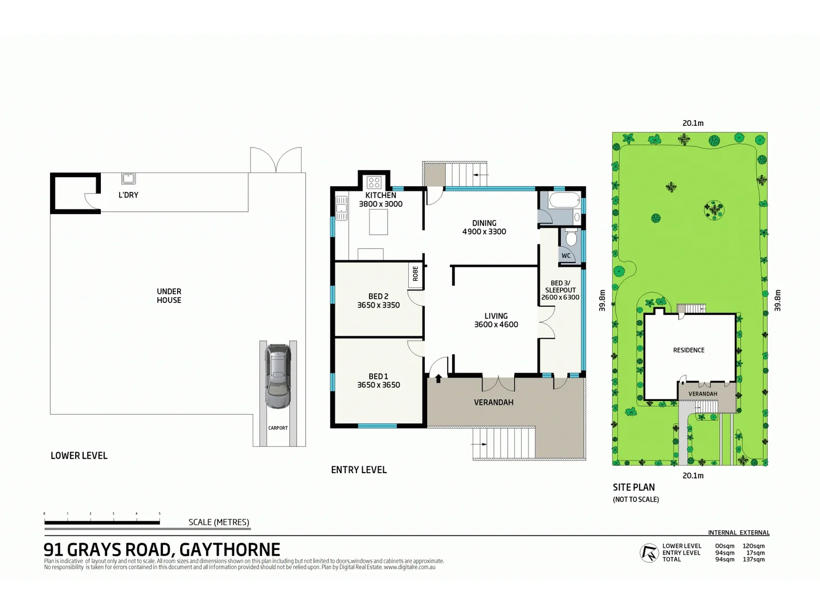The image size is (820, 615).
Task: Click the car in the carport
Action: tap(277, 376)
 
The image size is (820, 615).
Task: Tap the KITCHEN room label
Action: tap(380, 195)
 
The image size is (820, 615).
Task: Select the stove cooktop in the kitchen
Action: tap(374, 182)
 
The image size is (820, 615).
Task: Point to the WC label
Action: tap(566, 256)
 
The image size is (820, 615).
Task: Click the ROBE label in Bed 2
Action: tap(415, 274)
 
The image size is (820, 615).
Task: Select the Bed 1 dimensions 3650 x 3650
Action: tap(378, 385)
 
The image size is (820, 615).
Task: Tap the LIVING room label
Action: tap(496, 316)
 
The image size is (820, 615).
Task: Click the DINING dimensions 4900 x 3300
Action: tap(484, 232)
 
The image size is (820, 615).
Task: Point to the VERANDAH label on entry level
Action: tap(494, 403)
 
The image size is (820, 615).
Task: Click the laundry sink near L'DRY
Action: tap(128, 178)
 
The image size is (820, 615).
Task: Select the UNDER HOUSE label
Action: tap(169, 296)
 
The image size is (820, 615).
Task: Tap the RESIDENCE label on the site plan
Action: tap(688, 350)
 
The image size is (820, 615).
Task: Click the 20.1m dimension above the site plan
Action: tap(693, 123)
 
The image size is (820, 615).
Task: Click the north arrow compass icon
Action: tap(649, 553)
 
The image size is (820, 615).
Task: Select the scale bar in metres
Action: tap(102, 522)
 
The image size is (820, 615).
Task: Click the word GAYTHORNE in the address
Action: tap(229, 550)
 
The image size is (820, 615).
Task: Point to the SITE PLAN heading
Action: tap(634, 487)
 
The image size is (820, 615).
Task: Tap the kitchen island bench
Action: tap(378, 222)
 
